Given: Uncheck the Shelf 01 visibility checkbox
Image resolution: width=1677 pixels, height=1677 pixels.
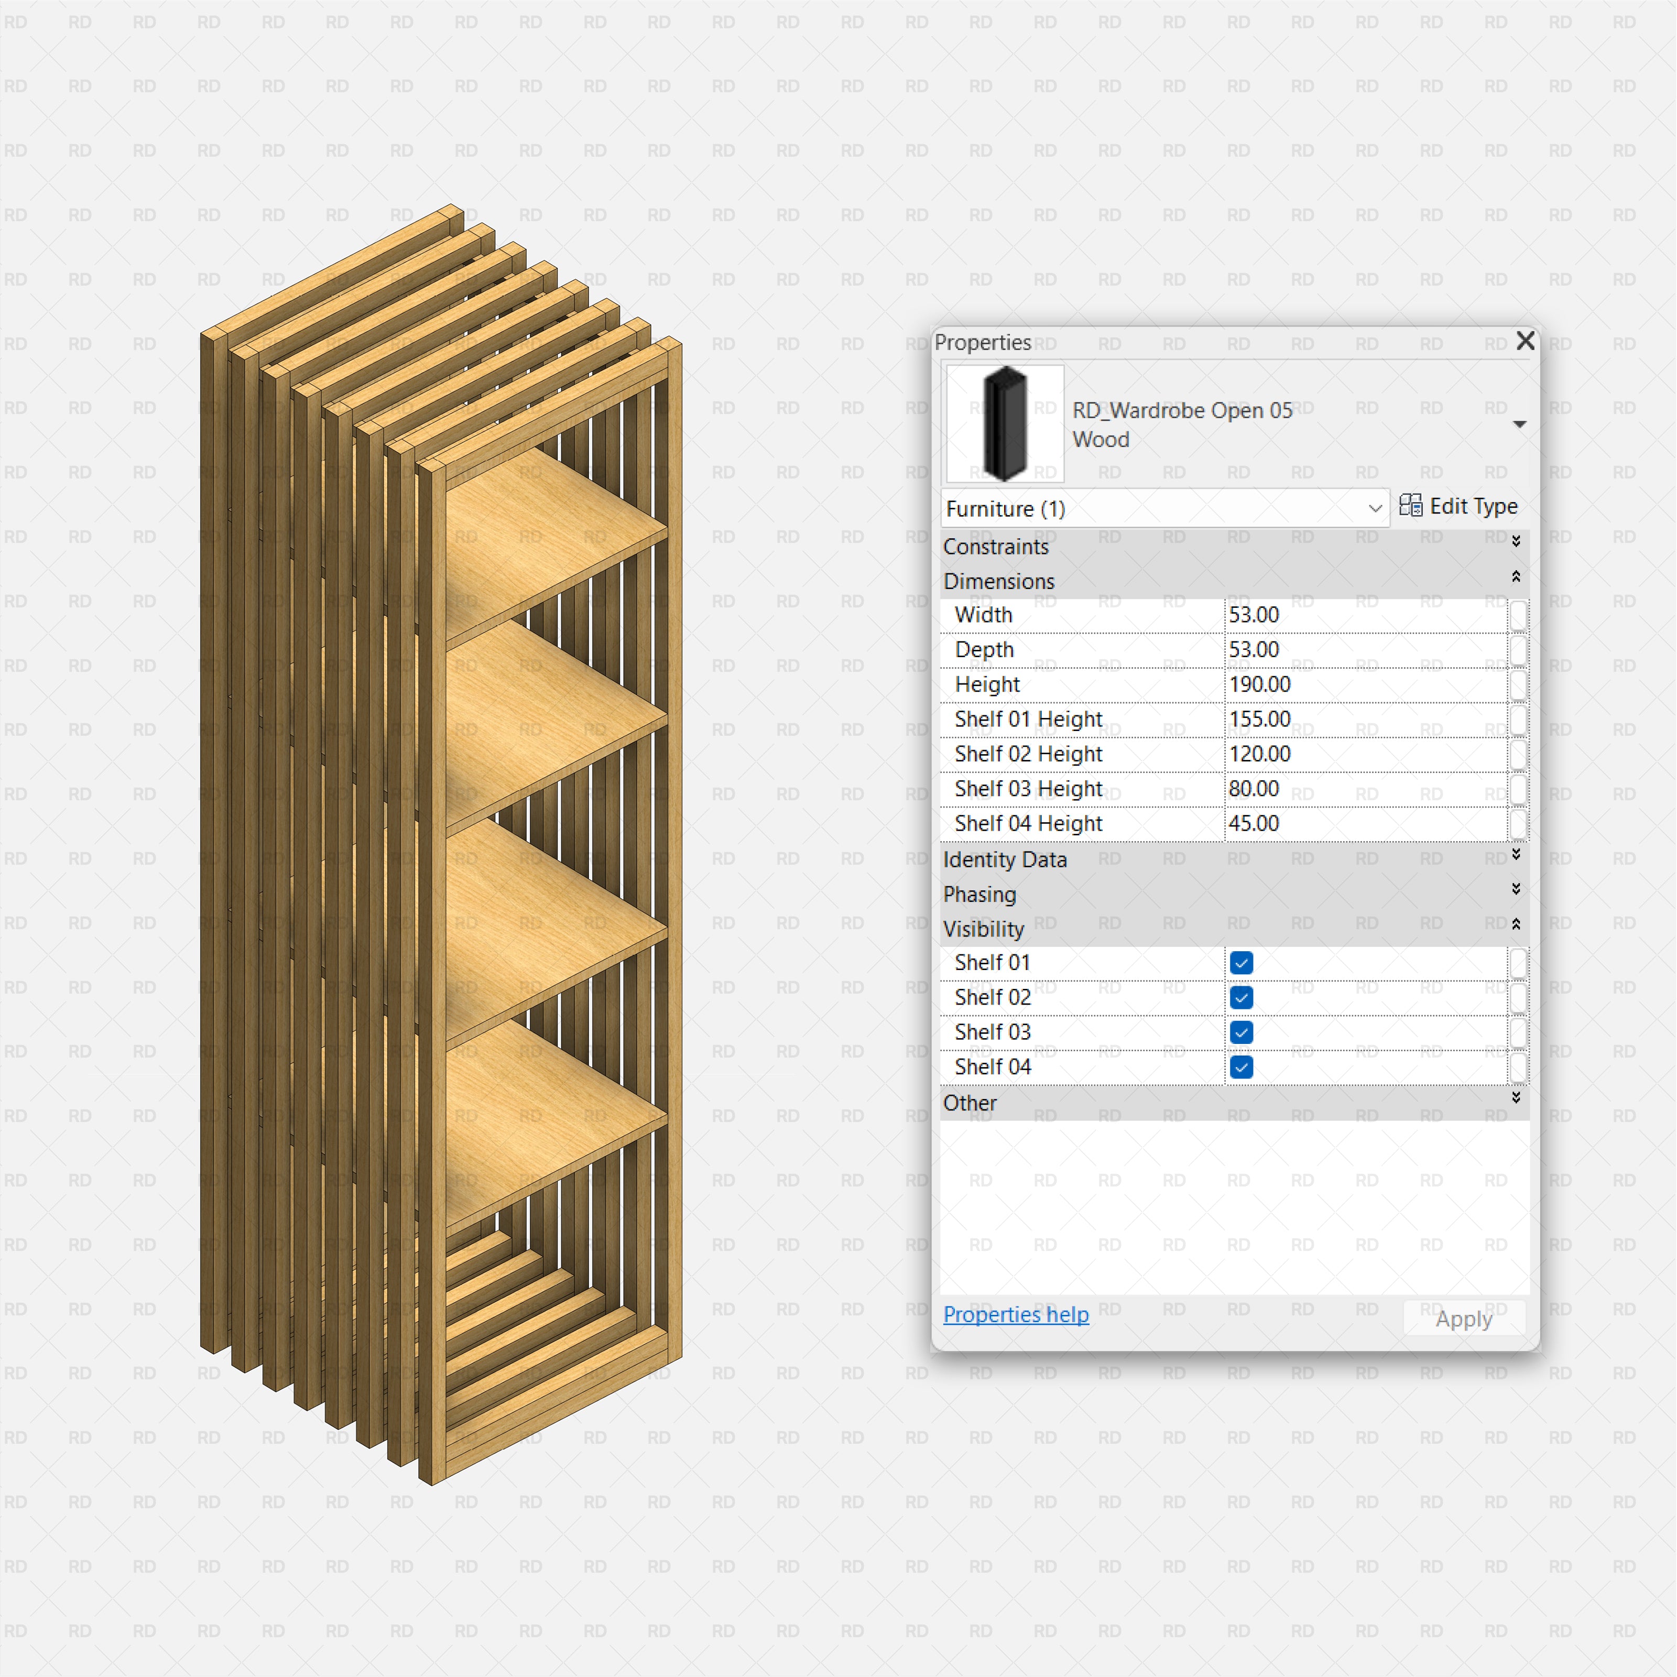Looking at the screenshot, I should click(x=1242, y=963).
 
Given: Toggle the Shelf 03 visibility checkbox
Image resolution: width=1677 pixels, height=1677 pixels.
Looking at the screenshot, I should click(x=1242, y=1032).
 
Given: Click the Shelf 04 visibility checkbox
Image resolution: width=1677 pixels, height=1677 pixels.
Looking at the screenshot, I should click(x=1242, y=1067).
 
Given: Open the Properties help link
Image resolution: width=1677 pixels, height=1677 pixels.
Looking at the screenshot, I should click(x=1016, y=1314).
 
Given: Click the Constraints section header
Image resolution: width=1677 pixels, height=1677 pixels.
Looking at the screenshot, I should click(x=996, y=547).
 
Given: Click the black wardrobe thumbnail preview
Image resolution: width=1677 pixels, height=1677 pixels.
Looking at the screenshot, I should click(x=1004, y=423).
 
